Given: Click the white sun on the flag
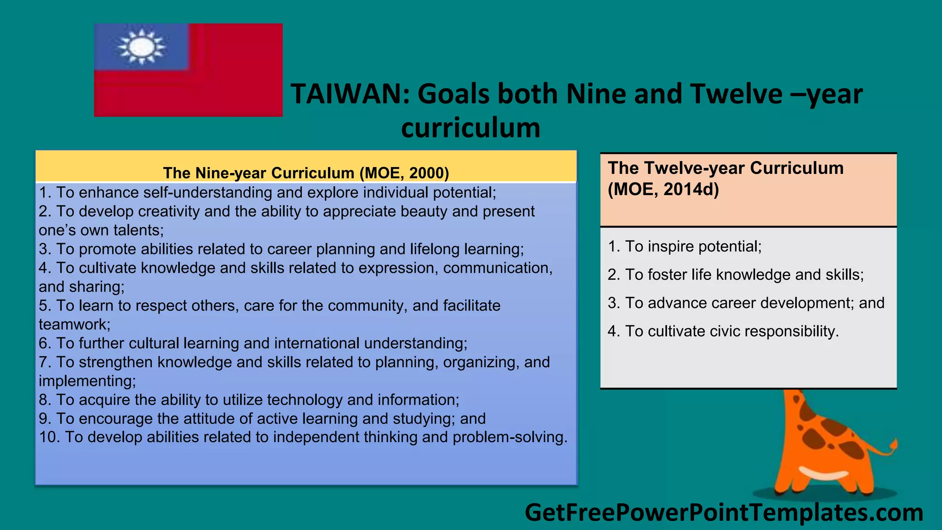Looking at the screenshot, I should [142, 46].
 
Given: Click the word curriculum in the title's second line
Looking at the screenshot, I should [471, 128].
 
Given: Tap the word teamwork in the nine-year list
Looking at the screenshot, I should [73, 325].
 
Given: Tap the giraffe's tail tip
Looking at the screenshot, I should [893, 444].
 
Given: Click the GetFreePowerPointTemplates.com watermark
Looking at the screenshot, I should [724, 513].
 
